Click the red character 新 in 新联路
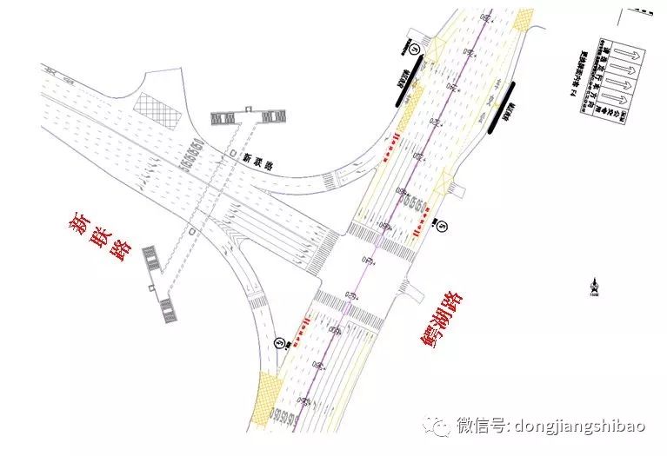click(x=81, y=224)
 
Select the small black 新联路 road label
click(x=258, y=159)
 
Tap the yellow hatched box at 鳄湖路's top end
click(x=524, y=19)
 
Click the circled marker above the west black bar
click(x=416, y=50)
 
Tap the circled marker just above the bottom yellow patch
click(x=279, y=342)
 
